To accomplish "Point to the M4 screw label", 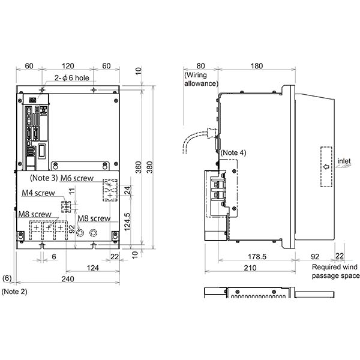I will click(38, 193).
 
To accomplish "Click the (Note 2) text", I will click(13, 291).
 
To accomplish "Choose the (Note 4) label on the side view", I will click(233, 152).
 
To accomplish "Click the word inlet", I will click(344, 161).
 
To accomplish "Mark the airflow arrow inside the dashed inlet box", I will click(326, 167).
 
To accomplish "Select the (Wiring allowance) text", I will click(201, 79).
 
